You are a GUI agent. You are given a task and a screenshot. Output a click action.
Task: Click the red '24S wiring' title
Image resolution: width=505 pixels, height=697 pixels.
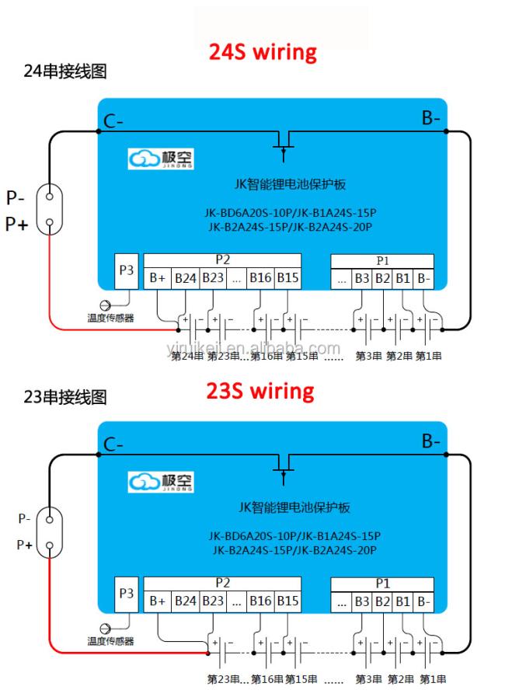point(263,52)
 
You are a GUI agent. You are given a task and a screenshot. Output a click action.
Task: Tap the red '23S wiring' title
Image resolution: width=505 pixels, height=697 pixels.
point(260,391)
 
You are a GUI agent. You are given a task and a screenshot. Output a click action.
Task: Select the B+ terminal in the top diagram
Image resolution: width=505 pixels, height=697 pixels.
point(158,278)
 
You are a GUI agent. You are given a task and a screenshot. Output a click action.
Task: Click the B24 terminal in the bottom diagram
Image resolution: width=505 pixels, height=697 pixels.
point(186,601)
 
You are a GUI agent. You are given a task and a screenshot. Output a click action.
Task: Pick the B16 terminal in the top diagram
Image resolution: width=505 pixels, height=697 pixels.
point(260,278)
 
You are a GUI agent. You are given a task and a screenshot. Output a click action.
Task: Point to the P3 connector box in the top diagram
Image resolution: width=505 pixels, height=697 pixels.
point(126,271)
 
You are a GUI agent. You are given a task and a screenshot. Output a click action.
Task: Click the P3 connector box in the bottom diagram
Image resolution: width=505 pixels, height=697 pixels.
point(126,594)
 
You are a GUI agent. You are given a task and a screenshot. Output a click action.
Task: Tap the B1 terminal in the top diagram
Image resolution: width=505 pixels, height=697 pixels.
point(402,279)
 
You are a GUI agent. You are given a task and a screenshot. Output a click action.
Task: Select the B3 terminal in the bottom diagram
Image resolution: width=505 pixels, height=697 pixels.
point(362,601)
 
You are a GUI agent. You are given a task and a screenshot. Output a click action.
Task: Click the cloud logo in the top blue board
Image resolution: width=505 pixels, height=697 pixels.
point(144,159)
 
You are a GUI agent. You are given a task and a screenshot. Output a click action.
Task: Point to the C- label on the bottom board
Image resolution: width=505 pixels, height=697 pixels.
point(113,444)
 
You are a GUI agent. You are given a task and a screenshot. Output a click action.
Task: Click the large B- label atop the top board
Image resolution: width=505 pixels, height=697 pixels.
point(430,118)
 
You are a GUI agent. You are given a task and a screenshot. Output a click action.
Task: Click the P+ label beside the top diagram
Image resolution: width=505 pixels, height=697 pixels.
point(16,224)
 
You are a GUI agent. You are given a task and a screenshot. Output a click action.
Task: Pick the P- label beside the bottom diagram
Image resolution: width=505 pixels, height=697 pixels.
point(24,519)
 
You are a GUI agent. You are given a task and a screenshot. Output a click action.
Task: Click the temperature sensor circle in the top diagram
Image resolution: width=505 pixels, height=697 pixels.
point(105,305)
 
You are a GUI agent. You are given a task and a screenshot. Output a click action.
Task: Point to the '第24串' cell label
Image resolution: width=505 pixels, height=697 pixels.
point(186,356)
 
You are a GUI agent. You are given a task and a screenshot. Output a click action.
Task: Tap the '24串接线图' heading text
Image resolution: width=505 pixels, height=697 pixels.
point(65,71)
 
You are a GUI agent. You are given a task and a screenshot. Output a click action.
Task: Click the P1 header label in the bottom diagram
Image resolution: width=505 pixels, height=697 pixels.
point(382,584)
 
